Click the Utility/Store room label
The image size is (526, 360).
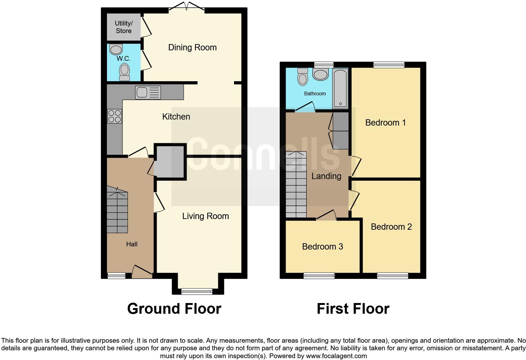coord(124,27)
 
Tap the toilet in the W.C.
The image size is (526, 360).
coord(125,72)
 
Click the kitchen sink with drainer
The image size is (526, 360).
coord(148,93)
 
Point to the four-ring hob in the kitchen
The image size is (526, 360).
coord(115,116)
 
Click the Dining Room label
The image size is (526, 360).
coord(192,48)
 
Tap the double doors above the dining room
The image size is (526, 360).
coord(187,6)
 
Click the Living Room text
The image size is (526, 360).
coord(205,216)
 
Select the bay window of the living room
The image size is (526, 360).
coord(197,291)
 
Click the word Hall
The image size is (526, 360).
coord(132,244)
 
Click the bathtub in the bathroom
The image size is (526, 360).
coord(340,88)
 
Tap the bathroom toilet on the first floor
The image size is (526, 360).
coord(303,77)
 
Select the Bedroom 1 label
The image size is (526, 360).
coord(385,123)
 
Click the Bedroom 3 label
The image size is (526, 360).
coord(322,247)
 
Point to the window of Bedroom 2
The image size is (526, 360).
coord(393,276)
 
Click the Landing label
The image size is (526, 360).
coord(326,176)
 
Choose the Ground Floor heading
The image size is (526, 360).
coord(174,309)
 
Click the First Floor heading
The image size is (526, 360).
coord(353,309)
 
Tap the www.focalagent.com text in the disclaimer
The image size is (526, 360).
coord(336,356)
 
